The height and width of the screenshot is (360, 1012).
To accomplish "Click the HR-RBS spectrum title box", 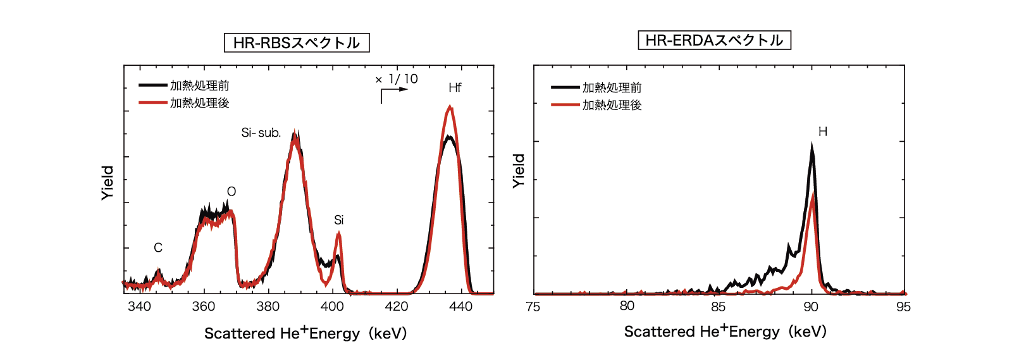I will [297, 42].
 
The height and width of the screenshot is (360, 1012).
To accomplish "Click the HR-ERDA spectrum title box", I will [714, 40].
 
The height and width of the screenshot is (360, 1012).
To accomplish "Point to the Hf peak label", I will [455, 87].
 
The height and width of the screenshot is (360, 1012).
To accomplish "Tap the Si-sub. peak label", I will [261, 133].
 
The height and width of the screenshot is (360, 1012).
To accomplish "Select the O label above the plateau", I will [231, 192].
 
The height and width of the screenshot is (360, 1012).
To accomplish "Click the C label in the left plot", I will [158, 247].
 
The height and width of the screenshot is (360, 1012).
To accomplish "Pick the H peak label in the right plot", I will [822, 132].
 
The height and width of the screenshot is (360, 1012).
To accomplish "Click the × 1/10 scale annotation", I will [397, 79].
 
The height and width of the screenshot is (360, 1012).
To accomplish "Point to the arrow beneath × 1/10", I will [393, 92].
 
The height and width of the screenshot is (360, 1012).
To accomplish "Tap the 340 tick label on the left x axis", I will [139, 306].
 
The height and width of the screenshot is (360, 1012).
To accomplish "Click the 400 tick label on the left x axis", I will [332, 306].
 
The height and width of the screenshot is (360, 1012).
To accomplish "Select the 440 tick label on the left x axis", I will [460, 306].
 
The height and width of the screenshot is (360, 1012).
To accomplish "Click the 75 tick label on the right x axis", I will [533, 306].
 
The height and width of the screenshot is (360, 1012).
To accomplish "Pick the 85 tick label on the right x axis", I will [718, 306].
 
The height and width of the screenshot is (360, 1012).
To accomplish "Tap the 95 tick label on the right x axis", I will [903, 306].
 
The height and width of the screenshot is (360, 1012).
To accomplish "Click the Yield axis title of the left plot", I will [108, 183].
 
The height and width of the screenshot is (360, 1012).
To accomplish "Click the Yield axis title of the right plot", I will [519, 171].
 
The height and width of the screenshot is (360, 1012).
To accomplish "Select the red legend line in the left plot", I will [153, 102].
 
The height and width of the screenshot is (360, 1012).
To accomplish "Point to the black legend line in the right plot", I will [565, 87].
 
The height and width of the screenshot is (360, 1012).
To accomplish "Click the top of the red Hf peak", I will [450, 107].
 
